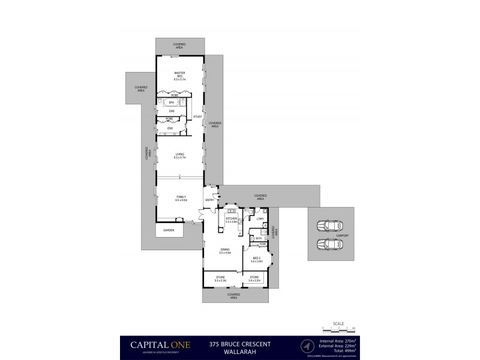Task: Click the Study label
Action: pos(198,116)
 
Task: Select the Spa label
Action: pos(171,103)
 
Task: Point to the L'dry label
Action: pos(260,219)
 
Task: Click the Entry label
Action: pos(209,200)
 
